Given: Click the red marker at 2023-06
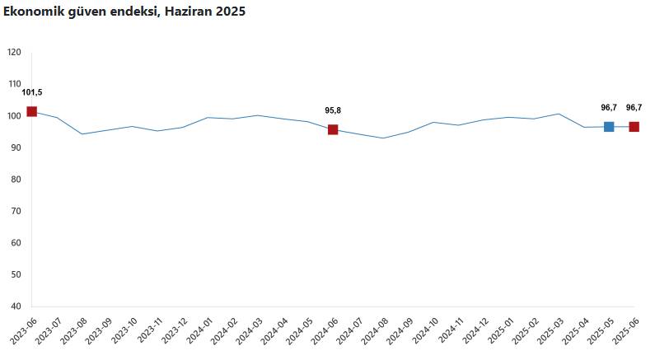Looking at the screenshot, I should (31, 111).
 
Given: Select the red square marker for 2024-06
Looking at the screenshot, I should (333, 129).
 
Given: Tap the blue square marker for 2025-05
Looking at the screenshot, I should (609, 127).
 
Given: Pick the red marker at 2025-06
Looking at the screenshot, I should (634, 127).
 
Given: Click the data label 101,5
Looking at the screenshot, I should (31, 92).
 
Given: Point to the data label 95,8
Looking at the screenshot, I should (333, 110).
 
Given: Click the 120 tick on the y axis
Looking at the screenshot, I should (14, 52).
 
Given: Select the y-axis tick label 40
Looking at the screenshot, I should (16, 306).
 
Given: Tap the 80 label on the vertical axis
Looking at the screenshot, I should (16, 180).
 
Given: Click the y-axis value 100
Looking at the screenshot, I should (14, 115).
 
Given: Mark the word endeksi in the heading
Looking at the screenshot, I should (129, 12).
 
